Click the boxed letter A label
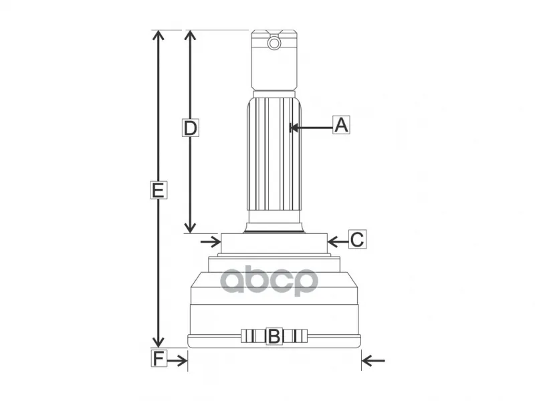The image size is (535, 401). (x=341, y=125)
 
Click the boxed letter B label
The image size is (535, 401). (x=274, y=336)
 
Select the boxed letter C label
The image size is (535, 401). (x=357, y=239)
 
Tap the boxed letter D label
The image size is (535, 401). (x=191, y=128)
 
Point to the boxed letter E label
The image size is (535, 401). (x=158, y=190)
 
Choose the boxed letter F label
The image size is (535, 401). (x=159, y=358)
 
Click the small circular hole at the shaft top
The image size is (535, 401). (x=274, y=43)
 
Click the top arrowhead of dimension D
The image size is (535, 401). (x=190, y=35)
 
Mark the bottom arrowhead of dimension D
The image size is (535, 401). (x=190, y=228)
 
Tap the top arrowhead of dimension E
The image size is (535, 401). (x=158, y=35)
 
